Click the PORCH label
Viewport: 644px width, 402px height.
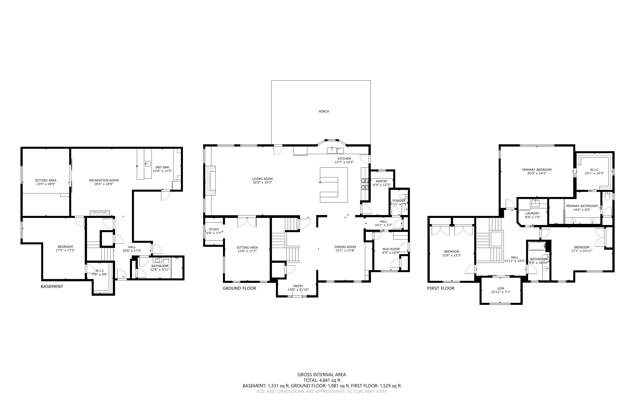[x=324, y=111]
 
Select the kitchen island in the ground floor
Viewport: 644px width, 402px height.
[x=334, y=185]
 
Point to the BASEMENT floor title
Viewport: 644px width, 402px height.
[x=52, y=286]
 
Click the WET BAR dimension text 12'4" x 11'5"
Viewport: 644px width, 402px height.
[x=162, y=171]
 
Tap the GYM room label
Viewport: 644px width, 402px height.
[x=501, y=288]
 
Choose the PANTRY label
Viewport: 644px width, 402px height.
[x=382, y=181]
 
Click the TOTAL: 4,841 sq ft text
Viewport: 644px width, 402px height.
[x=322, y=380]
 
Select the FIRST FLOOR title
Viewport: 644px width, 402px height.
[x=441, y=288]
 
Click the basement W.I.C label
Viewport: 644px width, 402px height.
[x=100, y=271]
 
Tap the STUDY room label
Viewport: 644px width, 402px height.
[x=214, y=229]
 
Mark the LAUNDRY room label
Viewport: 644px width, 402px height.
[x=533, y=213]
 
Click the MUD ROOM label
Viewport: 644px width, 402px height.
[x=391, y=249]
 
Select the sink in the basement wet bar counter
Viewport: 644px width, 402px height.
[x=148, y=163]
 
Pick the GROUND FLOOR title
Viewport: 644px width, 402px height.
[x=239, y=288]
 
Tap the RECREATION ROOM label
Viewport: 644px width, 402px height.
[x=104, y=180]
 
